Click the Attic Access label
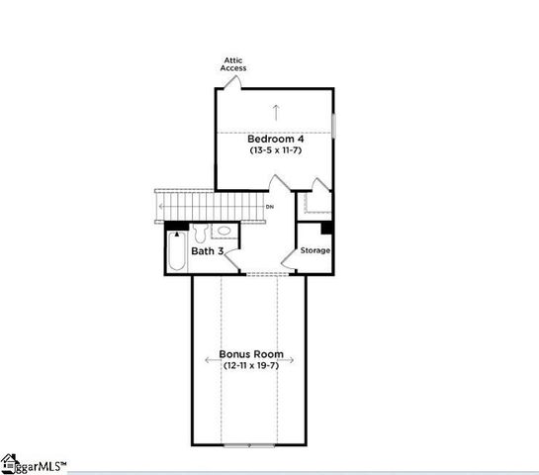click(x=233, y=64)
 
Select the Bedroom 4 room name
click(x=275, y=140)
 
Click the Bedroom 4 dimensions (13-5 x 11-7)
click(x=275, y=151)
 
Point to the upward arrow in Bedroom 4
click(x=276, y=110)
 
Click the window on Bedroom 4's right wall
click(x=333, y=127)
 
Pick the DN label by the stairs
click(x=270, y=207)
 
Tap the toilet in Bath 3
click(x=199, y=235)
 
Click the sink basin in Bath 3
click(x=224, y=232)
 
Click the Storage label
click(x=315, y=250)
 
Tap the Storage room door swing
click(x=291, y=260)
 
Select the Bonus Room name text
click(x=251, y=354)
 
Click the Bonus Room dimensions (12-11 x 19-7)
click(x=251, y=366)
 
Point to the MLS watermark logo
click(x=35, y=463)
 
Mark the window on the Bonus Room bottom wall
click(x=251, y=444)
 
